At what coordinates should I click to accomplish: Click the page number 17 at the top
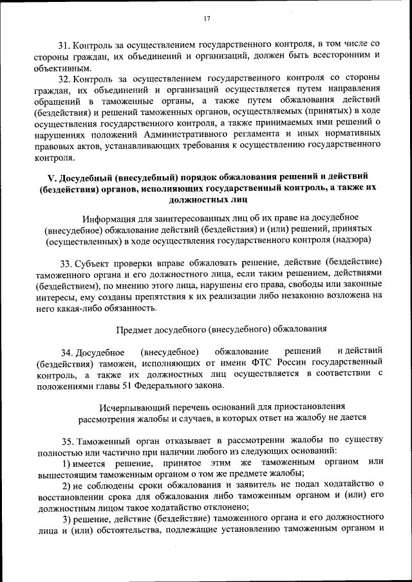point(207,19)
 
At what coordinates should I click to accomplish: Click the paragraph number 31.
point(64,44)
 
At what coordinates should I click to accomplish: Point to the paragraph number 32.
point(64,78)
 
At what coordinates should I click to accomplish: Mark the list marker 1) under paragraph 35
point(66,463)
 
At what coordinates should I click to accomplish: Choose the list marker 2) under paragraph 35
point(66,485)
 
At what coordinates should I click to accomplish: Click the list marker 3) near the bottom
point(66,519)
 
